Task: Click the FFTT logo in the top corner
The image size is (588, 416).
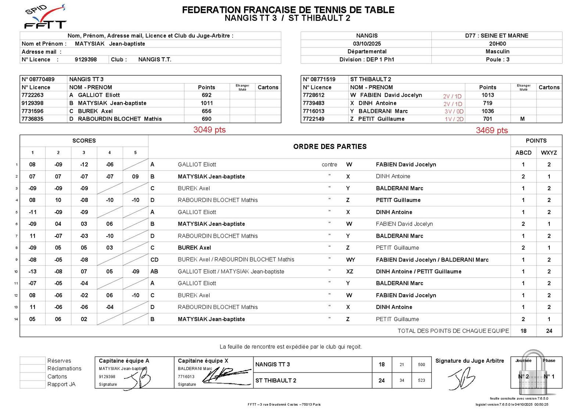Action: tap(44, 17)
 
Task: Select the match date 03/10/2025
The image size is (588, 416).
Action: tap(366, 44)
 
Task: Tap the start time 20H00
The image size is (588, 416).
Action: tap(497, 44)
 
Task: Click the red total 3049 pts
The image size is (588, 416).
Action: tap(209, 130)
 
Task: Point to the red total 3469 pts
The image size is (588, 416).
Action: tap(491, 131)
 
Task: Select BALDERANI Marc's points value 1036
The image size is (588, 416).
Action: tap(487, 111)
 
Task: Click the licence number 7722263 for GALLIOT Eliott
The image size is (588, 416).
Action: tap(32, 95)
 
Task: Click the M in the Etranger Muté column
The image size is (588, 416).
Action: tap(522, 119)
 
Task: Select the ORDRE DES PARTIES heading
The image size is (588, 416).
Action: tap(330, 147)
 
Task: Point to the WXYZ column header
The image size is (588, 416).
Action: tap(549, 153)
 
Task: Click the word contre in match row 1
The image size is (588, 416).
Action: tap(329, 165)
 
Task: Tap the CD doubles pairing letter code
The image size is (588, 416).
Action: tap(154, 260)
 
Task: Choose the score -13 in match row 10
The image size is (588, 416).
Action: tap(32, 271)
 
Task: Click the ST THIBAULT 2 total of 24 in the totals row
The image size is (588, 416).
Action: tap(549, 331)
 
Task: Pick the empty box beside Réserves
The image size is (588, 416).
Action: tap(32, 361)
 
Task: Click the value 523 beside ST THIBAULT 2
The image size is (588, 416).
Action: tap(421, 380)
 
